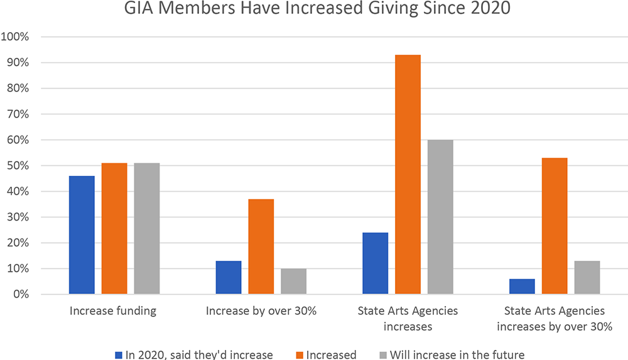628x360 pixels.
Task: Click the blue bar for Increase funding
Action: [x=82, y=235]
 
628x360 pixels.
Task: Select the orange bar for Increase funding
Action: [x=114, y=229]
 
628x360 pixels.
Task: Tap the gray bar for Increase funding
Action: [x=147, y=229]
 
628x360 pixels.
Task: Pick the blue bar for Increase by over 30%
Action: [x=228, y=278]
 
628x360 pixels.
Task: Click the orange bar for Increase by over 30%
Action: [x=261, y=246]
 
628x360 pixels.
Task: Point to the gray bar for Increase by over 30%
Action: [x=293, y=281]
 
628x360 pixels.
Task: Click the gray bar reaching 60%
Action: [x=440, y=217]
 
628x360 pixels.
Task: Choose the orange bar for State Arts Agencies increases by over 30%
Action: [x=555, y=226]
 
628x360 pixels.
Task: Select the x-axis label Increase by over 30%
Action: [x=261, y=311]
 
